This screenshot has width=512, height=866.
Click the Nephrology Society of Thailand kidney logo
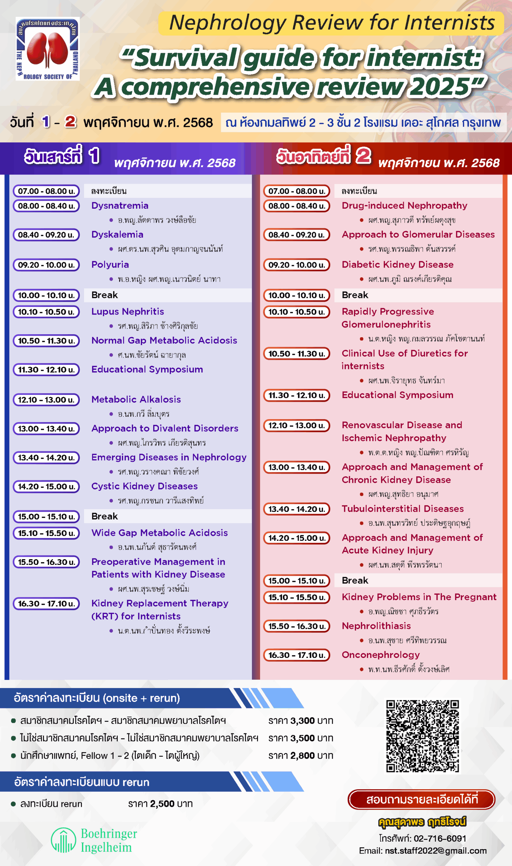pos(48,49)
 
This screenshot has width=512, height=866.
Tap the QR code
pos(422,736)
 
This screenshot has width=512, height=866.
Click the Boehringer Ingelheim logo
pos(94,841)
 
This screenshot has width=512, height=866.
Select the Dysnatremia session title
pos(120,206)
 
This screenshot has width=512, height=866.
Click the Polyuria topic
pos(110,265)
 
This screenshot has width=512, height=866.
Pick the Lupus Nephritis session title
pos(127,312)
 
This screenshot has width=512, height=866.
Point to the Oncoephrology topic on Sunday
pos(380,655)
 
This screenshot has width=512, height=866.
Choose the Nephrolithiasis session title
pos(376,626)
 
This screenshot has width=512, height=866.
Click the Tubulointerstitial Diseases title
pos(403,508)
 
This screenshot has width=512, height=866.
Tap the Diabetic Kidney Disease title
pos(397,265)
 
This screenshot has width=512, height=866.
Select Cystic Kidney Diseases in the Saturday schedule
pos(144,486)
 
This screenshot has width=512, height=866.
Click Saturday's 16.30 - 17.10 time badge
pos(46,603)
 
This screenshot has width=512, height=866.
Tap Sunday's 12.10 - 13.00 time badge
pos(297,426)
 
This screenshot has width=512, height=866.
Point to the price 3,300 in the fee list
pos(302,721)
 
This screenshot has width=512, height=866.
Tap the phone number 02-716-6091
pos(440,838)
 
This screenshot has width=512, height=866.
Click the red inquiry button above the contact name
pos(422,799)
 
